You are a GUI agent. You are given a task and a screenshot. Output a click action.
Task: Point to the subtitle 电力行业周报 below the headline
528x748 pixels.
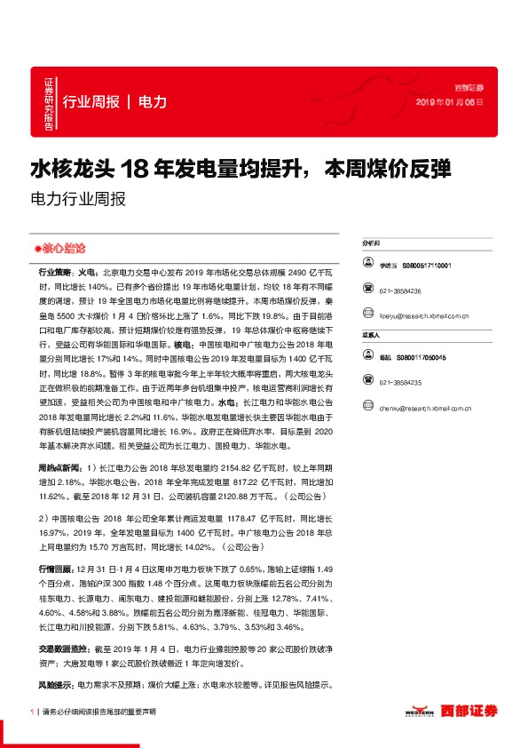coord(78,199)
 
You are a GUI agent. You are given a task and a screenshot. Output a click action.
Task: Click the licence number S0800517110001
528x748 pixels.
coord(427,266)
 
